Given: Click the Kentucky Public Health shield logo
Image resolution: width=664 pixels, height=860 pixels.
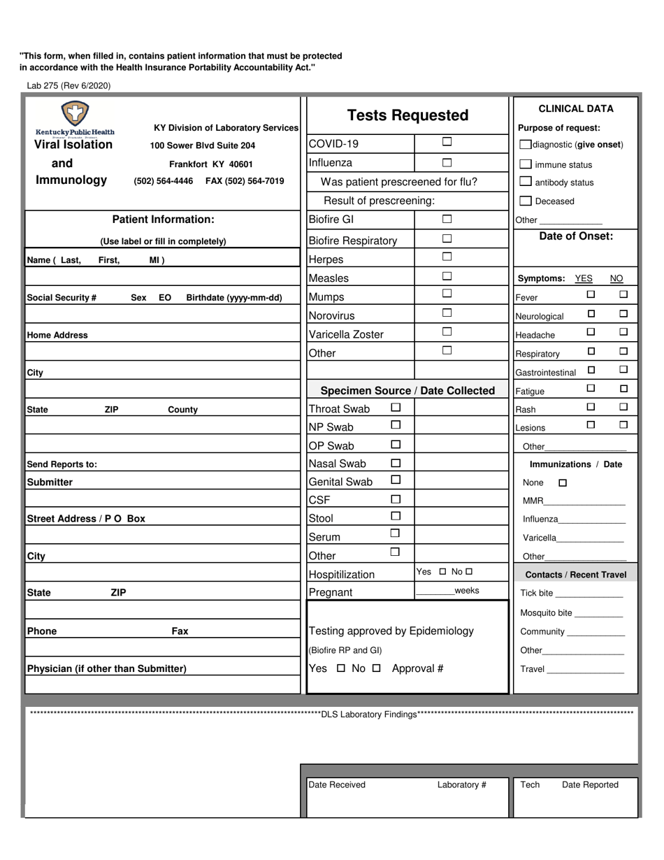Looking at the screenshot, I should coord(75,113).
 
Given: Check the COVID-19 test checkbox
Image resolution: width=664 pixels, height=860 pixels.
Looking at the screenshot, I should coord(447,142).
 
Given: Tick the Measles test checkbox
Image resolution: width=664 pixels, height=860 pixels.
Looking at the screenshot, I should coord(447,276).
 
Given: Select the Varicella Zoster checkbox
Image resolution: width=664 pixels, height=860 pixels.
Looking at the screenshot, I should coord(447,332).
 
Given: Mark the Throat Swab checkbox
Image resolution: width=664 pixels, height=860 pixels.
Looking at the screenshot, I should coord(396,407).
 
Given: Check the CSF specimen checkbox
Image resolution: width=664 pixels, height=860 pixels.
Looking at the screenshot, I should coord(396,499).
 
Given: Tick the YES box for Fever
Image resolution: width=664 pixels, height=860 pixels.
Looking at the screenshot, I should coord(591,294).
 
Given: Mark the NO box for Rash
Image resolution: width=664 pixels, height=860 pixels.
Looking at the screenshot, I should coord(623,407).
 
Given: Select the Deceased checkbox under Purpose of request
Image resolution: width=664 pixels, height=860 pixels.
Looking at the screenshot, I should coord(526,201).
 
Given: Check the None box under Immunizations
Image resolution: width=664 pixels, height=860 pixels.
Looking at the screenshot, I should coord(563,483).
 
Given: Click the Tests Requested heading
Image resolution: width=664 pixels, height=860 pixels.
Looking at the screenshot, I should coord(407,115).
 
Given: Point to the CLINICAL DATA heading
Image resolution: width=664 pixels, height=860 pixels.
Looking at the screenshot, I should coord(576,108).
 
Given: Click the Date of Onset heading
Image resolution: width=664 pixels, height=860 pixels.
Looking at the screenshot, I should coord(576,236).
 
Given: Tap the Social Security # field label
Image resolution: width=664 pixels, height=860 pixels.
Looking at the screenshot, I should coord(62,298).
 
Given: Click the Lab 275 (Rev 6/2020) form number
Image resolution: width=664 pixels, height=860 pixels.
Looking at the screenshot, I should coord(68,86).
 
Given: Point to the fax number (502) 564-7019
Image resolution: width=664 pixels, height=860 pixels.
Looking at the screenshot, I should coord(245,181).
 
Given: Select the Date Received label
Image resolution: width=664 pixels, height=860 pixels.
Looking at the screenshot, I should coord(337,784).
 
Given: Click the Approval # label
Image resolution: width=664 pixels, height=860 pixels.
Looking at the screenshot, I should coord(417,668).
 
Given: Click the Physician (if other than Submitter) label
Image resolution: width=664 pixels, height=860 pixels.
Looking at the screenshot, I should coord(106,669).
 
